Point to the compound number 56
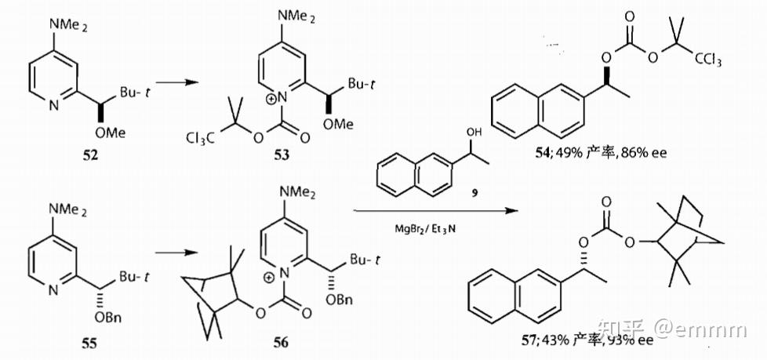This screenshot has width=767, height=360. point(280,343)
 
